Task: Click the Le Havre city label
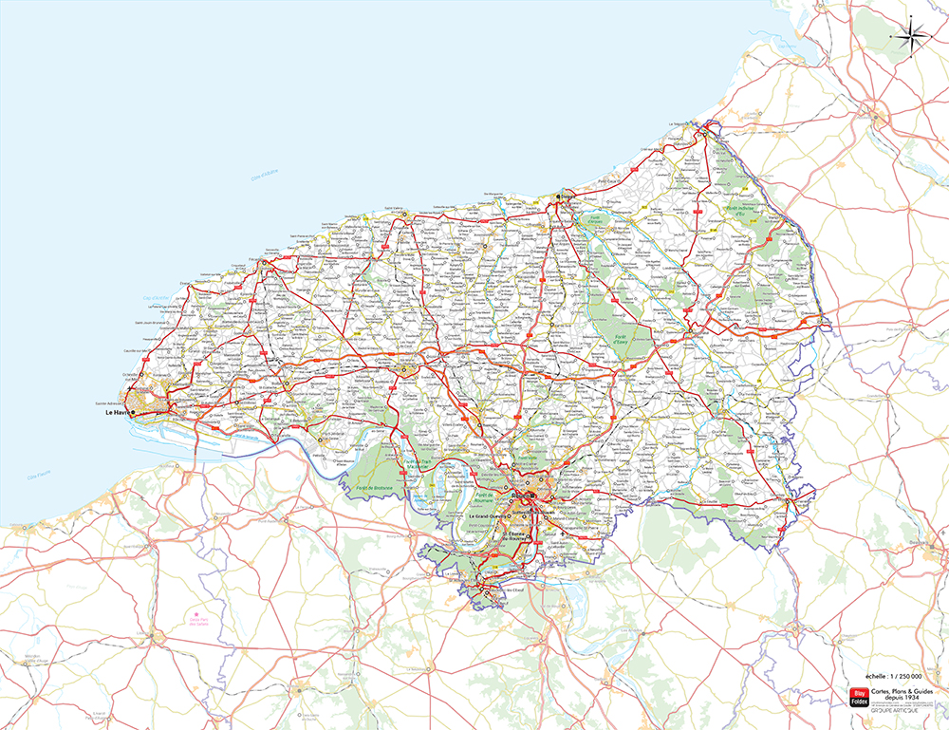(117, 413)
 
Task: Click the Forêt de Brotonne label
(375, 488)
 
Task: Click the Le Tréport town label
(677, 124)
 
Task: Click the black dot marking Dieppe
(559, 197)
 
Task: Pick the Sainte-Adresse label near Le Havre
(108, 403)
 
